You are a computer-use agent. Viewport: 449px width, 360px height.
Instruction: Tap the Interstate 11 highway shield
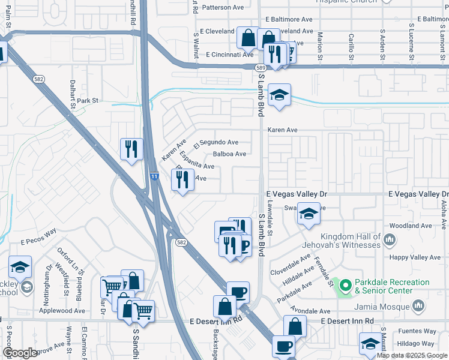coord(154,176)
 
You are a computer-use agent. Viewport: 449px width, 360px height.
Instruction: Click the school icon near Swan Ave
coord(309,214)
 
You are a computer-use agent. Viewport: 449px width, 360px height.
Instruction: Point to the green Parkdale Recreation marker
coord(345,286)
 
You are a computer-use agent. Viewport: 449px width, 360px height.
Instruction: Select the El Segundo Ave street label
coord(216,142)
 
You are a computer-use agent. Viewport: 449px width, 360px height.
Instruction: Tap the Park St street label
coord(87,101)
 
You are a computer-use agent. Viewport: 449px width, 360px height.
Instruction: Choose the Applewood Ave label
coord(62,311)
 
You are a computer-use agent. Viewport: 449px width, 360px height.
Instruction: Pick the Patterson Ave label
coord(223,8)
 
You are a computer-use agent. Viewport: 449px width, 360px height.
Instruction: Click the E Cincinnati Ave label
coord(230,55)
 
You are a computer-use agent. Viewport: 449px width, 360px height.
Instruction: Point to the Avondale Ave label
coord(310,311)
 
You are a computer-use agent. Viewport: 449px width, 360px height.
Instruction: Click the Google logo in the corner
coord(20,353)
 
